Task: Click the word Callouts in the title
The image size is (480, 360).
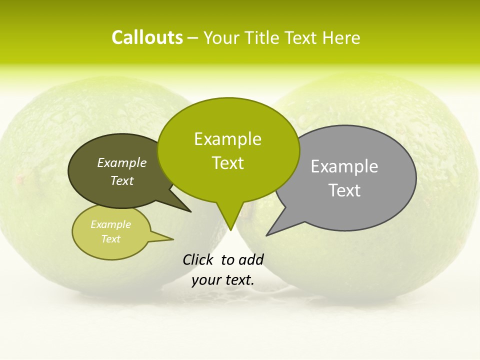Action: pos(147,37)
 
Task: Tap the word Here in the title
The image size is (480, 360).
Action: pos(342,38)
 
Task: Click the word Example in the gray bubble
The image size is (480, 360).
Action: pos(344,166)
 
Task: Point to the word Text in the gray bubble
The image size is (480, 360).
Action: pos(344,190)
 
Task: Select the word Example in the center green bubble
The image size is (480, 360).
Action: pos(227,139)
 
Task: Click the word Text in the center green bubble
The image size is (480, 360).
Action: pos(227,163)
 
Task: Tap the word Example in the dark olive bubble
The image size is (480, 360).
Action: pos(122,162)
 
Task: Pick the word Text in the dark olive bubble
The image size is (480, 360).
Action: pos(122,181)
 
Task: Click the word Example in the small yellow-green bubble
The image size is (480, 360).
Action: pos(111,224)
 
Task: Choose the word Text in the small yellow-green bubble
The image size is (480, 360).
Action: pos(111,239)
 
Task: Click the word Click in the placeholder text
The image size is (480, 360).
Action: pos(198,259)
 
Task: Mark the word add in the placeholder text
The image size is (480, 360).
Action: pos(251,259)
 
